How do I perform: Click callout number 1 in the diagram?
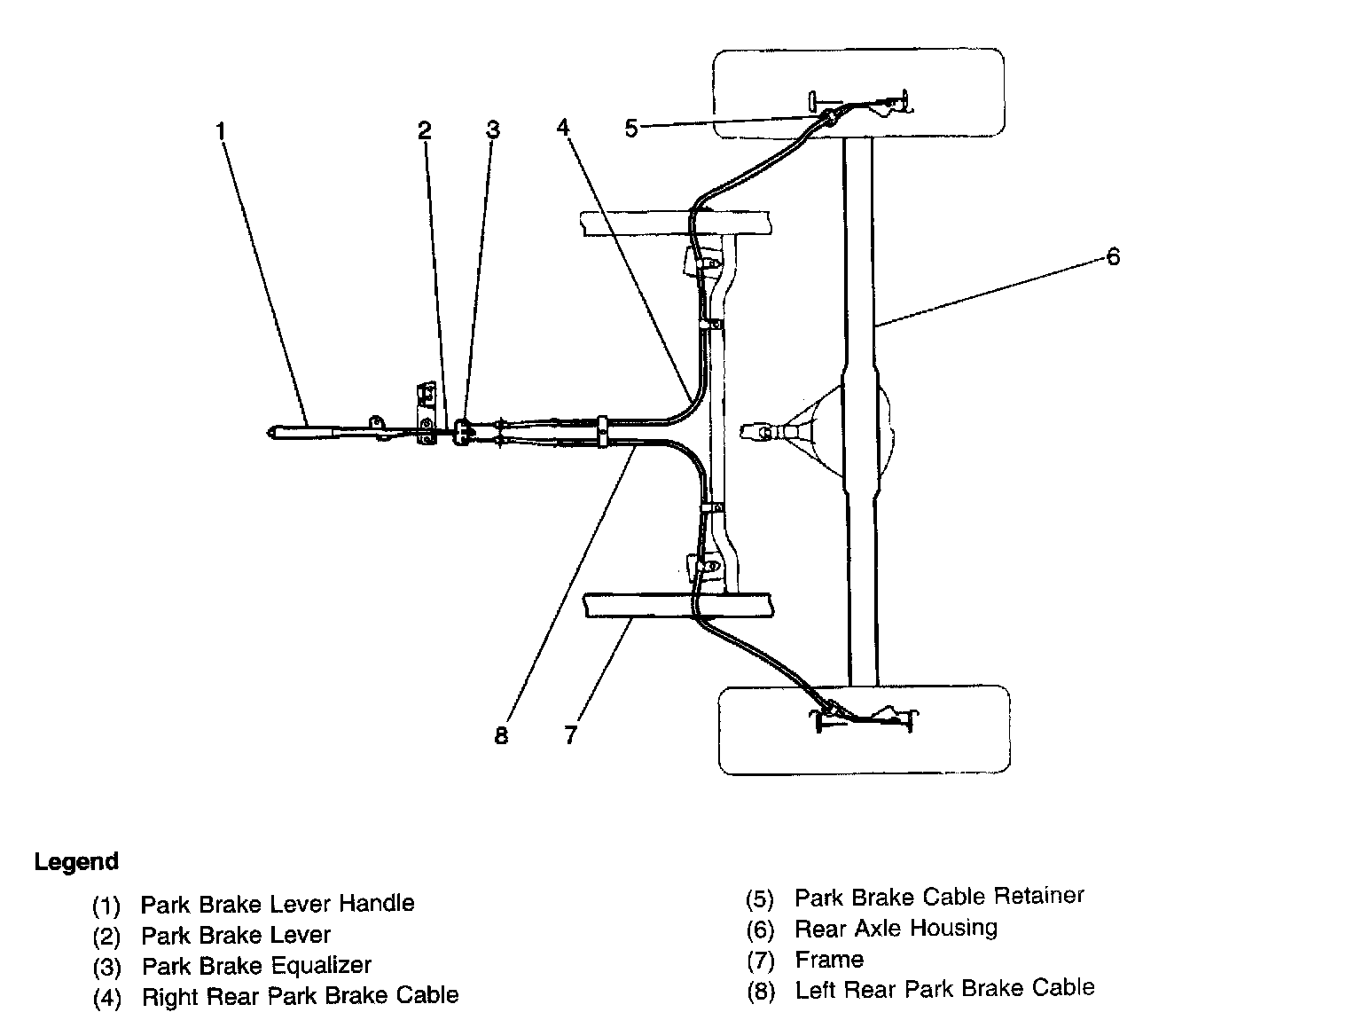pos(221,131)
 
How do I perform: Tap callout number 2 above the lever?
pos(425,131)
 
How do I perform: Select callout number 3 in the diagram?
pos(493,130)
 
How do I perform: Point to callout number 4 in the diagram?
pos(563,127)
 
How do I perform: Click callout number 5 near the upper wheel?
pos(631,129)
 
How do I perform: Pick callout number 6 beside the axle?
pos(1113,256)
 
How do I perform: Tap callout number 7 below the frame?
pos(570,734)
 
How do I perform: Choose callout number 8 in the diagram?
pos(502,735)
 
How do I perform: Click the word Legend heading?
pos(76,861)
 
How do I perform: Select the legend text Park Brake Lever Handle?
pos(278,904)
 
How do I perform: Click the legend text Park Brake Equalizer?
pos(256,965)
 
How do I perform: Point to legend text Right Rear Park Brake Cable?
pos(300,996)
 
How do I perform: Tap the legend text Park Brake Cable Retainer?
pos(939,897)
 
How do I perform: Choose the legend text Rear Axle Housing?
pos(896,928)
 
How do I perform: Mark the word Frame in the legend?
pos(829,959)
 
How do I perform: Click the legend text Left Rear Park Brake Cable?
pos(944,989)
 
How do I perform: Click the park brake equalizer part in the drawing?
pos(461,433)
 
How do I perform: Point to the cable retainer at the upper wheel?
pos(832,118)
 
